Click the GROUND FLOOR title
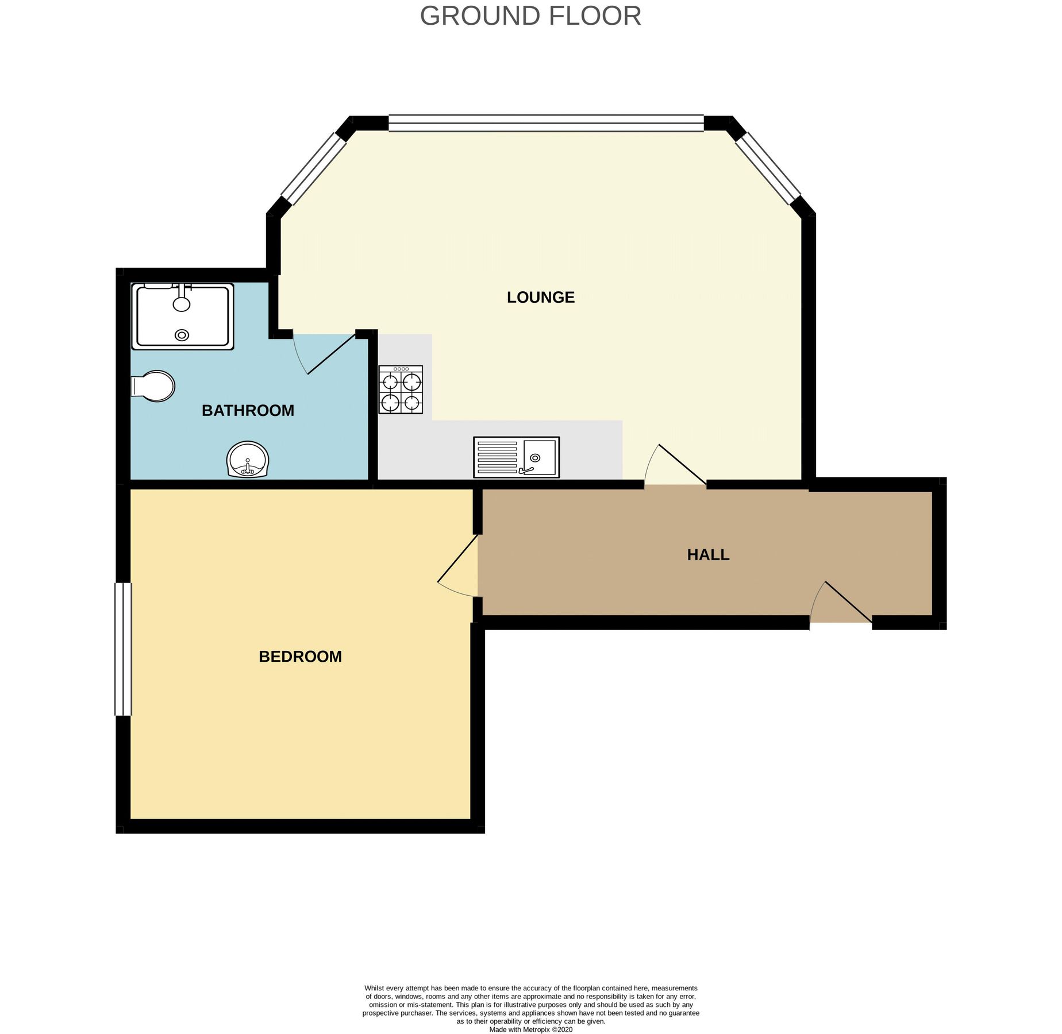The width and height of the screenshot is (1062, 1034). pos(530,16)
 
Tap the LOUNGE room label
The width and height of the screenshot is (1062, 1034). pos(540,297)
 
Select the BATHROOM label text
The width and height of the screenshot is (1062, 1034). pos(248,410)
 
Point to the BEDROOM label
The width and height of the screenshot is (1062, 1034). pos(300,656)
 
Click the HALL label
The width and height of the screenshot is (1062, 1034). pos(708,554)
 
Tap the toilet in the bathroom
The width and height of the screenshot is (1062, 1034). pos(153,385)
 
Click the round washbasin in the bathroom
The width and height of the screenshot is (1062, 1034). pos(248,460)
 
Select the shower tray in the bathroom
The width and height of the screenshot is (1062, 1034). pos(182,317)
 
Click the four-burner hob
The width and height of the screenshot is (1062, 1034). pos(401,390)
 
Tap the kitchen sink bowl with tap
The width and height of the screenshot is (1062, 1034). pos(540,457)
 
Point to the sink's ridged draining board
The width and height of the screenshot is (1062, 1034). pos(497,457)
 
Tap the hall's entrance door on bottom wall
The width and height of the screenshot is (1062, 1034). pos(840,604)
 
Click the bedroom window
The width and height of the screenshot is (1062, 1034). pos(123,649)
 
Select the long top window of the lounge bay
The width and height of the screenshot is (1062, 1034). pos(545,123)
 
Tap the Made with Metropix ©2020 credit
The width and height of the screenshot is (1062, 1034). pos(530,1030)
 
